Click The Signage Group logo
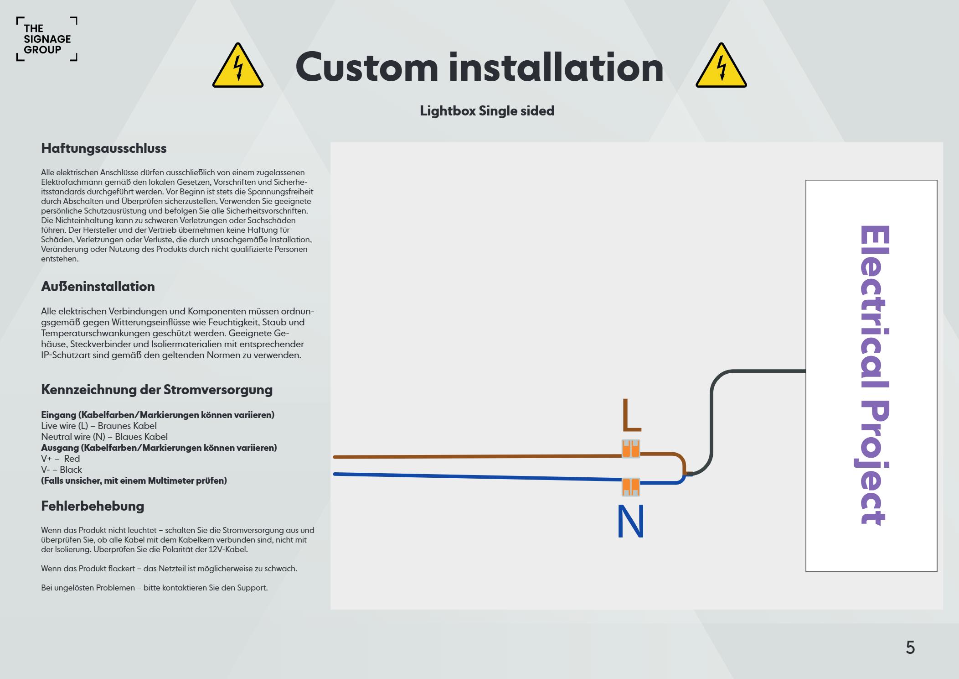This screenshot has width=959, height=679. point(46,39)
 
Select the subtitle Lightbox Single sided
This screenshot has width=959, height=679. point(487,111)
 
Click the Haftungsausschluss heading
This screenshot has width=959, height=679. point(104,148)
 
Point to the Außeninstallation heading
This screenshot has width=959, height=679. point(98,287)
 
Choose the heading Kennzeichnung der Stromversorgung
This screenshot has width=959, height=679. point(157,390)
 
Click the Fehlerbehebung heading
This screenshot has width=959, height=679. point(93,506)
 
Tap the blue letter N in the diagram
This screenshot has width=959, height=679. point(630,522)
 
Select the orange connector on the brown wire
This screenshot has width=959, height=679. point(631,449)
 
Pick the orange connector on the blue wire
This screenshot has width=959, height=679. point(631,487)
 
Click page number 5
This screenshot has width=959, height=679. point(910,648)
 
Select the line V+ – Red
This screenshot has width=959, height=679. point(61,459)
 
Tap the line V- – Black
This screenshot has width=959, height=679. point(62,470)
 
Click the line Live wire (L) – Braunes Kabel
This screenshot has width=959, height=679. point(99,426)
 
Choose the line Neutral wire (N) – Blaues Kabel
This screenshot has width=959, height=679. point(104,437)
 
